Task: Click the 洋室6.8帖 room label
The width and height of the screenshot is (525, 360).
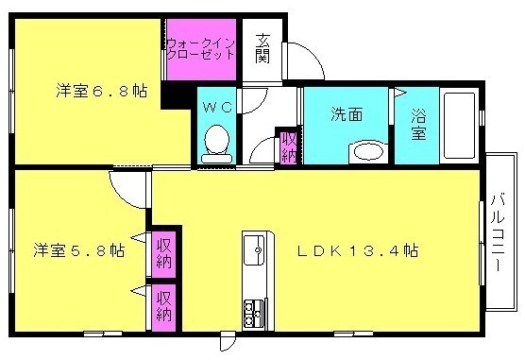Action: click(100, 92)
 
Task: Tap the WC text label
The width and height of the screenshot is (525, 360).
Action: click(217, 108)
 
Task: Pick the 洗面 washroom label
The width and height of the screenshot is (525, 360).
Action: click(346, 115)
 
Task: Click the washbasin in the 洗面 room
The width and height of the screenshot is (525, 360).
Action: click(368, 151)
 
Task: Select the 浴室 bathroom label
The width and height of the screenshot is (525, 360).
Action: click(416, 126)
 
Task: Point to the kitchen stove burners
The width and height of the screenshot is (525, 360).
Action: click(254, 307)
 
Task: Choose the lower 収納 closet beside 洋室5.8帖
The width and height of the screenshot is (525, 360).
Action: click(164, 306)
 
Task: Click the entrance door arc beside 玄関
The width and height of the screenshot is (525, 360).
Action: click(305, 60)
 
